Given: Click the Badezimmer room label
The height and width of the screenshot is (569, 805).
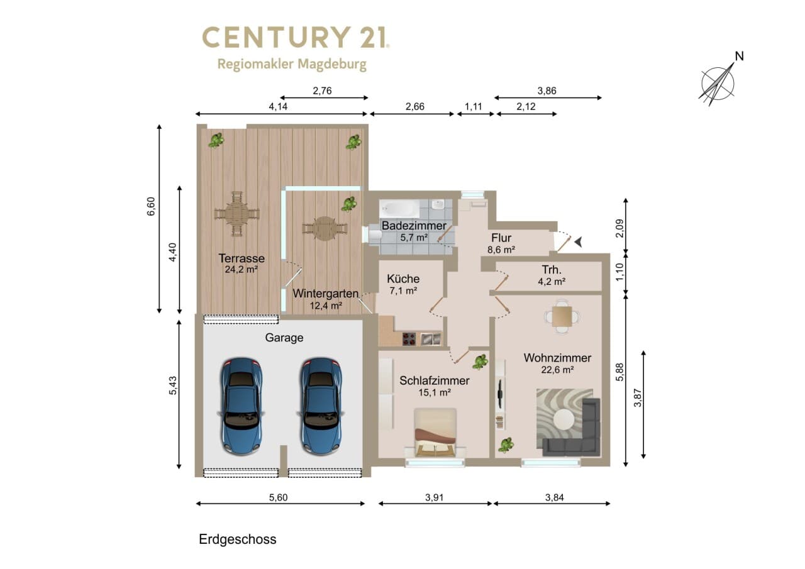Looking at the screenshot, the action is point(414,226).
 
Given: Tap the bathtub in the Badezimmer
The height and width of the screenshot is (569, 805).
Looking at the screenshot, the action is point(399,209).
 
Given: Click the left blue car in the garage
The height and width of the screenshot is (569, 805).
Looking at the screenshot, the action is point(241,406).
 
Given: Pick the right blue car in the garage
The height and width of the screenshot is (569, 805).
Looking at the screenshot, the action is point(321,406).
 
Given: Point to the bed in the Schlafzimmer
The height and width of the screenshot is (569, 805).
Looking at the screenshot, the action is point(435,432).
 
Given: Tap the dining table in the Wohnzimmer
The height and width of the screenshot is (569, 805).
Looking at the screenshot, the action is point(562,316).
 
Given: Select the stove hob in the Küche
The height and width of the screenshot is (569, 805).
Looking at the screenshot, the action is point(409,339).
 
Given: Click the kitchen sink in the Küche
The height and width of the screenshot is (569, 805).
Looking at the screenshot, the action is point(431,339).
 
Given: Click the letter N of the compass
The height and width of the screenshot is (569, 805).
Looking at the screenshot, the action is point(739,56).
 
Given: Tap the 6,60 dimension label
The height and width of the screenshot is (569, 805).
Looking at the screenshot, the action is point(151,207).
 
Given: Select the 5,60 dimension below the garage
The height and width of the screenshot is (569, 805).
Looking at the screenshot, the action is point(278,497).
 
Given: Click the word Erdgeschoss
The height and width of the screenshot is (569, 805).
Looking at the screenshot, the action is point(238,539).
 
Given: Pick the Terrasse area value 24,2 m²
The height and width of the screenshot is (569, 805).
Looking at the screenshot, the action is point(241,269).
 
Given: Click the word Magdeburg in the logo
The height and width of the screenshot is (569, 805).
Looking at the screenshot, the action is point(332,65).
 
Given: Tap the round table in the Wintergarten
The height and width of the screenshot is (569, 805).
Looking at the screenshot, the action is point(325,228).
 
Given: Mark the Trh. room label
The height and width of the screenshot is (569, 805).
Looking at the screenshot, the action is point(552,270).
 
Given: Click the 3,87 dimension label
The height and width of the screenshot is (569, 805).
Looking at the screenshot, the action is point(638,397).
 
